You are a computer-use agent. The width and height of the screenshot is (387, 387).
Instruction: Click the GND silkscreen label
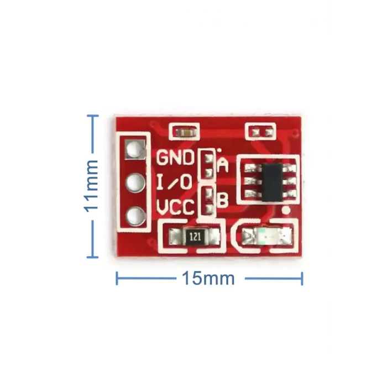175,158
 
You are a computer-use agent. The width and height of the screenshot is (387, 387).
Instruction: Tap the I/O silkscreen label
174,182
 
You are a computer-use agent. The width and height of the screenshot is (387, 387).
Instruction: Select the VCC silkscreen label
175,207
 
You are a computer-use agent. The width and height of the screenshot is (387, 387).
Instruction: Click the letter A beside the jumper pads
223,165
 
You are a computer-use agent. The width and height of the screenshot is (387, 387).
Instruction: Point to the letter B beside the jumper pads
223,200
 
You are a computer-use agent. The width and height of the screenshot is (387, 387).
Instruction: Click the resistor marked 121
196,237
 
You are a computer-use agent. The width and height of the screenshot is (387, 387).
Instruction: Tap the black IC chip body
272,182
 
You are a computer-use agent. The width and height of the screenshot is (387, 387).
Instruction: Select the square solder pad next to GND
135,149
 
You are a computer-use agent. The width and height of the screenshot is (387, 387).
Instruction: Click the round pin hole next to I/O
135,183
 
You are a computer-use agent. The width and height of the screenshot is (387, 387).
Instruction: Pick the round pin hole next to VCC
135,216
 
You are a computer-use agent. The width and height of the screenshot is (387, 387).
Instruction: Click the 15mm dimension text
208,279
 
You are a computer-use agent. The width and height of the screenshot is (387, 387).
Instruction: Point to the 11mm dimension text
92,186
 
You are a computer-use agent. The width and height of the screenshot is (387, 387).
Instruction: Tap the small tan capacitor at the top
184,133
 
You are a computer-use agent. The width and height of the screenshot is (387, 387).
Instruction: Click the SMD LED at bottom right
267,236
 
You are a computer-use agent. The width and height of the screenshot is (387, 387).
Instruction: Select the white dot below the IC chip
286,210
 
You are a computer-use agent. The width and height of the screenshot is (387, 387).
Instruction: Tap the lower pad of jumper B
209,210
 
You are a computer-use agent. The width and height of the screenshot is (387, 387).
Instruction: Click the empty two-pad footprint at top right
260,133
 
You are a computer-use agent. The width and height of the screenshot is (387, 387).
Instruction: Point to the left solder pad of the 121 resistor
175,237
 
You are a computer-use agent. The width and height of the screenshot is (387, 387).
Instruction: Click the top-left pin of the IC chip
252,168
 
